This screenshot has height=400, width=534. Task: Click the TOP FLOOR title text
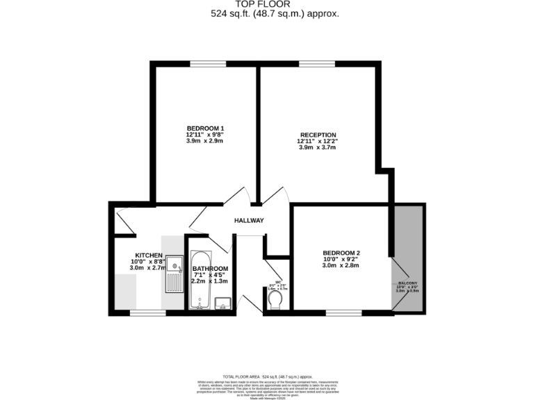click(x=266, y=4)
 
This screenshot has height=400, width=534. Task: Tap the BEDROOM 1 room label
click(x=205, y=128)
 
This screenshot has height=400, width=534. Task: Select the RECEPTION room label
click(x=318, y=135)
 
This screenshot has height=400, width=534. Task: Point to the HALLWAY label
click(x=248, y=221)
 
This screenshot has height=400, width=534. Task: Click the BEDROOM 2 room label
click(x=341, y=253)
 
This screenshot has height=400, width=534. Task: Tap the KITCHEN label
click(x=149, y=255)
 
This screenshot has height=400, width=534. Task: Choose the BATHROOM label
click(x=210, y=269)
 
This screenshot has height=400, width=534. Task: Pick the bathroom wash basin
click(x=223, y=303)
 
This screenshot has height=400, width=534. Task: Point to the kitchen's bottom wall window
click(x=148, y=312)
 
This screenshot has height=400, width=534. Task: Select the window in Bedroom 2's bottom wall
click(x=344, y=312)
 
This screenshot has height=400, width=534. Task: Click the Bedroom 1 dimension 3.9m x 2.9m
click(x=205, y=140)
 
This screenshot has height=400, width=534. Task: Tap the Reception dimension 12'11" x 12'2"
click(x=318, y=141)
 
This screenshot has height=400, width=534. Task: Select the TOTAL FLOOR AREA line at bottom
click(x=266, y=376)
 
